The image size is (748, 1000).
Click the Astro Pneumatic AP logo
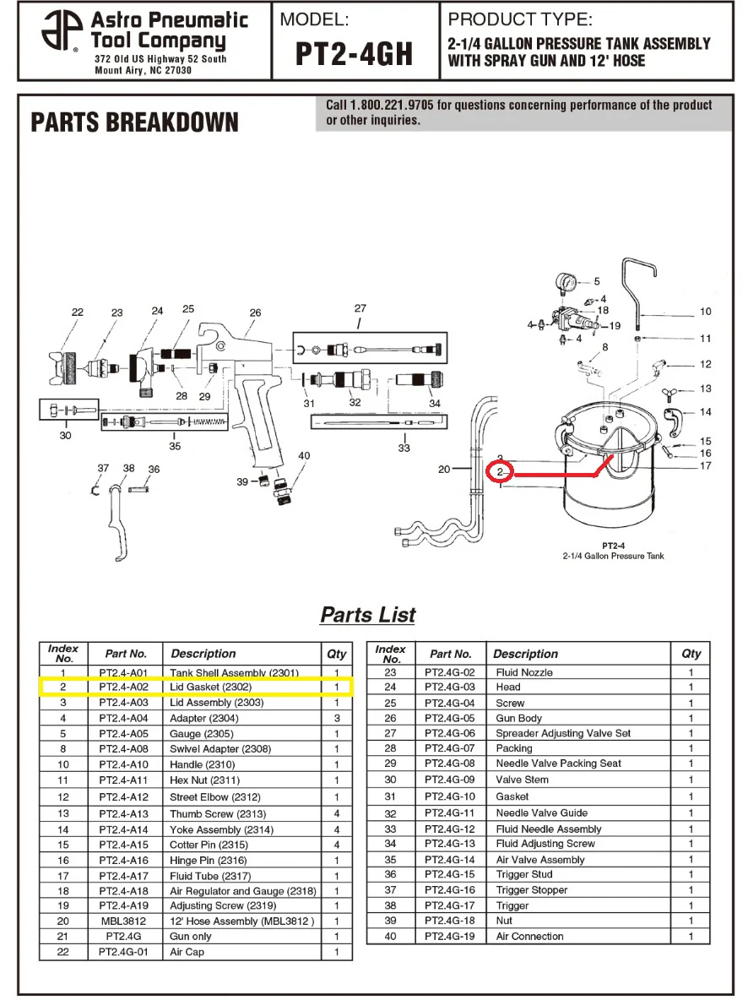pos(62,30)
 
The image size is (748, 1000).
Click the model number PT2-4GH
pos(355,53)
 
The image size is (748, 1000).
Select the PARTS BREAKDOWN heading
pos(134,122)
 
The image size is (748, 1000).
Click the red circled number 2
pos(500,472)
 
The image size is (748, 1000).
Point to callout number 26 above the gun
pos(255,312)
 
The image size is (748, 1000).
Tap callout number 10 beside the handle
pos(705,311)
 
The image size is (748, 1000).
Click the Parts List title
pos(368,615)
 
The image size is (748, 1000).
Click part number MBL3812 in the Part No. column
pos(123,921)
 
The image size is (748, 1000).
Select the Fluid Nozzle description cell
pos(524,672)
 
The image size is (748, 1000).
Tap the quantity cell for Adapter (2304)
pos(337,718)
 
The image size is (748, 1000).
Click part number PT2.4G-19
pos(450,936)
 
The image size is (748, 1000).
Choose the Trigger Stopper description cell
pos(531,889)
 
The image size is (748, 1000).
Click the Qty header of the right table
pos(691,653)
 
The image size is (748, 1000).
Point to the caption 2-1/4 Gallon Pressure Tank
pos(613,556)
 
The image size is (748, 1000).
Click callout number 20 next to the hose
pos(444,470)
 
